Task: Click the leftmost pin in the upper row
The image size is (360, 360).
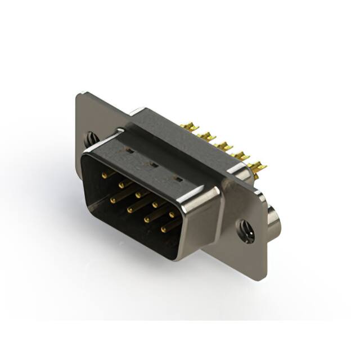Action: pos(104,175)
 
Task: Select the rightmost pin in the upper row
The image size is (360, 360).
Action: pos(172,214)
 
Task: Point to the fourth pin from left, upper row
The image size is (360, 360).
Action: pos(155,204)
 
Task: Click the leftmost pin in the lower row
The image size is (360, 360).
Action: pos(113,199)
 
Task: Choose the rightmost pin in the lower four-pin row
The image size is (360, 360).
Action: pos(164,229)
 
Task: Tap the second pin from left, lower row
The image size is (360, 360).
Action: pos(130,209)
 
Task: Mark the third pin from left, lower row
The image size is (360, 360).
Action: pos(146,219)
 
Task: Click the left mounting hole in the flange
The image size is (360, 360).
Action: pos(90,137)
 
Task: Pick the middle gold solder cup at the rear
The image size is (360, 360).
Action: pos(224,146)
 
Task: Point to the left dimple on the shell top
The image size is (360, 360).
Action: pos(128,151)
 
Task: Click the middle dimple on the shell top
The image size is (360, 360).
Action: pos(151,164)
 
